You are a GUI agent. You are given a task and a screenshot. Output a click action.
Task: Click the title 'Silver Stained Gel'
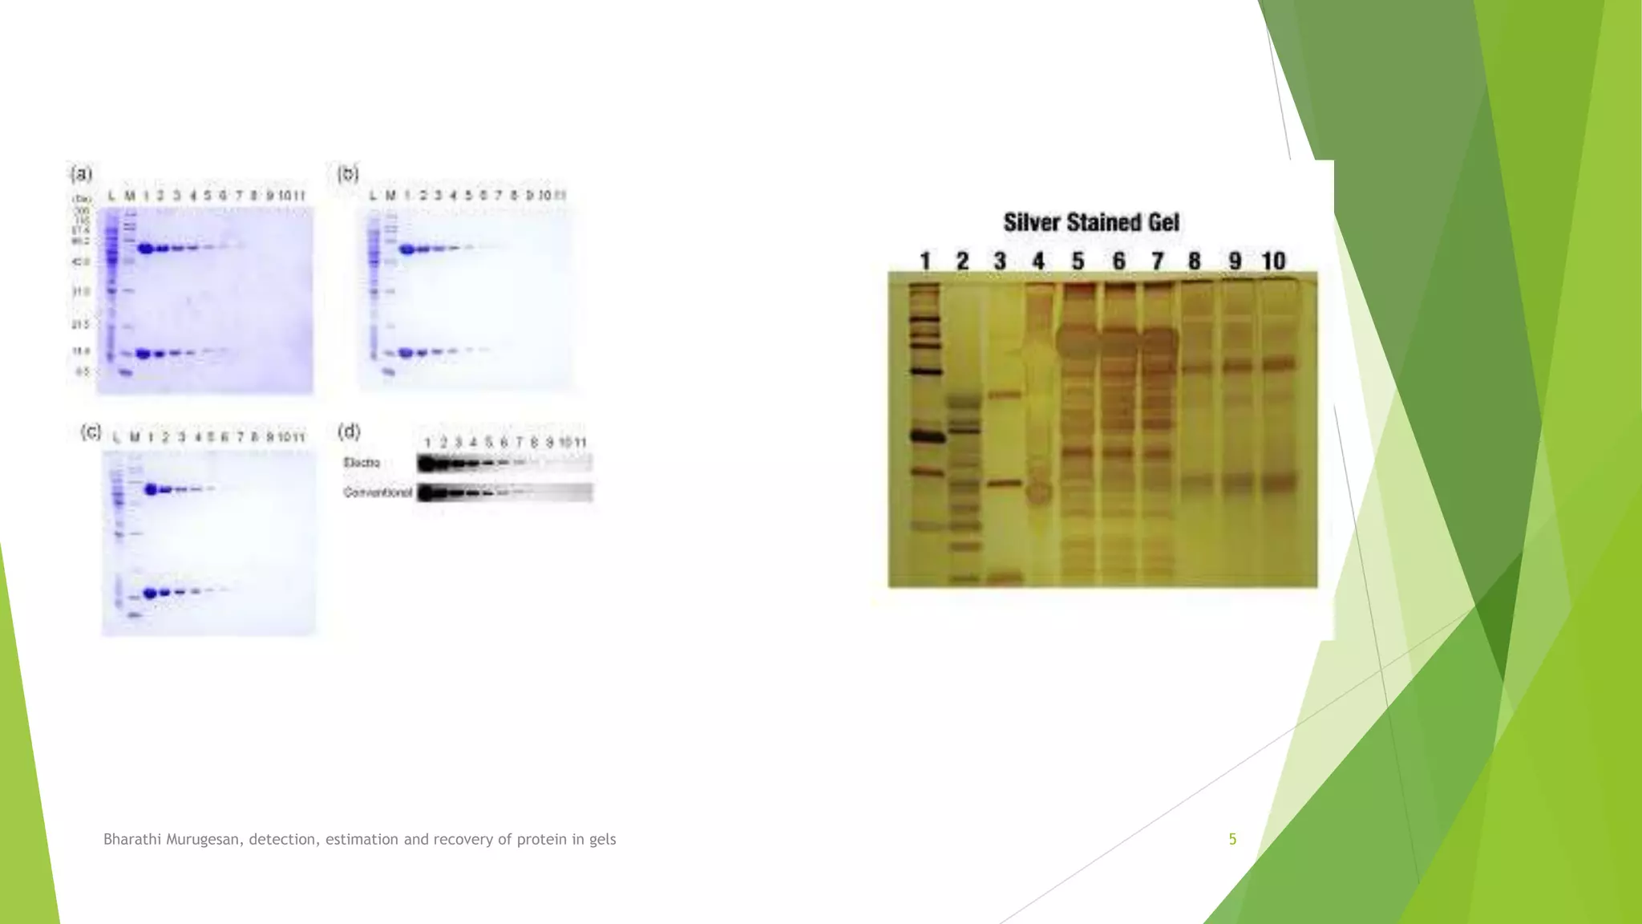pos(1091,222)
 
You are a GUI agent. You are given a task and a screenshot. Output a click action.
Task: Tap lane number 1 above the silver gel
pos(924,261)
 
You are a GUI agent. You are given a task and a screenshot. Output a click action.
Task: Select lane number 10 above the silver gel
pos(1273,261)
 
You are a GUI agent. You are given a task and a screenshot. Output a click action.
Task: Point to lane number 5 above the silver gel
pos(1078,261)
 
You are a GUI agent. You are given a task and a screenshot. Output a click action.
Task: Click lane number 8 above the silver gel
pos(1195,261)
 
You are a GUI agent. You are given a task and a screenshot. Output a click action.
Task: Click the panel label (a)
pos(82,173)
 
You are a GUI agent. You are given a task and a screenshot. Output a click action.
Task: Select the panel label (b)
pos(347,173)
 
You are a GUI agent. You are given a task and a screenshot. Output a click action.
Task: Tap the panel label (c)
pos(91,432)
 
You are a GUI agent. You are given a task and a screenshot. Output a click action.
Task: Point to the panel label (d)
pos(349,432)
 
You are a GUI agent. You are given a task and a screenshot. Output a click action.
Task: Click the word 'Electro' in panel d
pos(362,463)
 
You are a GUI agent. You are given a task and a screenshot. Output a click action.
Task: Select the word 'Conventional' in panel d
pos(378,492)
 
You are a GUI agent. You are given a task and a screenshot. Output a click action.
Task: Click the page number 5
pos(1232,839)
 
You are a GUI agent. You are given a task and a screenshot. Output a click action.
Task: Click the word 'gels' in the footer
pos(602,839)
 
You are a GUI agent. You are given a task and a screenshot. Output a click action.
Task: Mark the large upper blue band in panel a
pos(146,249)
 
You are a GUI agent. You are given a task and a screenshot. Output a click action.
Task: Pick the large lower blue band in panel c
pos(150,594)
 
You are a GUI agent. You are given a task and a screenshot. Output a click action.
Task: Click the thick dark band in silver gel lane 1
pos(924,436)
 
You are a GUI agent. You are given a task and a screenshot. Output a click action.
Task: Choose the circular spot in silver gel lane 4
pos(1038,492)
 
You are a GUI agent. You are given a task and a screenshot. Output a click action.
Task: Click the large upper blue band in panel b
pos(407,249)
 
